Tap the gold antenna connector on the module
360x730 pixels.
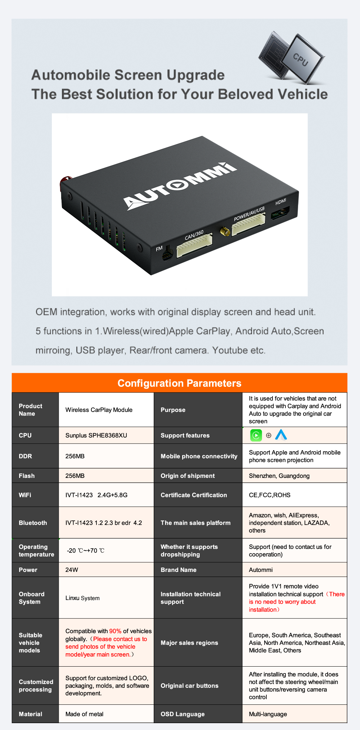(x=225, y=231)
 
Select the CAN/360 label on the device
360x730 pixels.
(x=194, y=235)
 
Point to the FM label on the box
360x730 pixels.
(x=159, y=248)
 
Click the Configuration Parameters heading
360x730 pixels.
(x=179, y=383)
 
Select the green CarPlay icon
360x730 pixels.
(x=256, y=435)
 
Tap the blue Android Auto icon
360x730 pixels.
(x=281, y=435)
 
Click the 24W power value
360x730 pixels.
(x=72, y=570)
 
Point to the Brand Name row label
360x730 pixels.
(x=179, y=570)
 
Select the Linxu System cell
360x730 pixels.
(x=82, y=598)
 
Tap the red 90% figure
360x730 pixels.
(x=115, y=631)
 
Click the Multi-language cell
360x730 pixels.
(x=268, y=714)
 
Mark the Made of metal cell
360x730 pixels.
(x=84, y=714)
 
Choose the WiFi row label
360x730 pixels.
(x=25, y=495)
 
